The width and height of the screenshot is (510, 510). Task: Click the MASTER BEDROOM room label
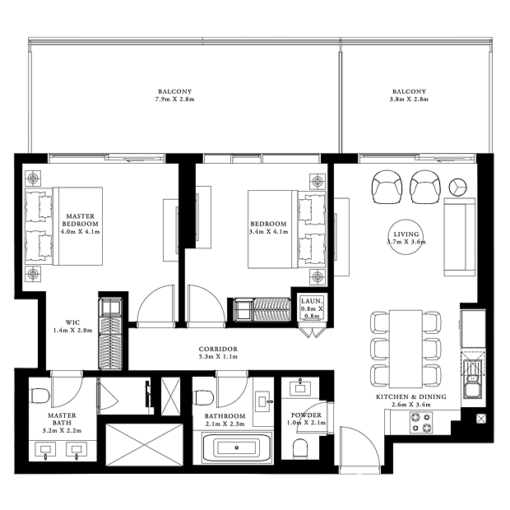tap(81, 220)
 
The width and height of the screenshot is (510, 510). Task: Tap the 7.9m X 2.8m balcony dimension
tap(174, 100)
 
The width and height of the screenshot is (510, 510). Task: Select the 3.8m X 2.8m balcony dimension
tap(409, 100)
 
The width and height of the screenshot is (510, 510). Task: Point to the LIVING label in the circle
tap(406, 234)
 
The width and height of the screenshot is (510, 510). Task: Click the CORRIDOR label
tap(218, 349)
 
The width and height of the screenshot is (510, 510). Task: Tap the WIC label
tap(72, 322)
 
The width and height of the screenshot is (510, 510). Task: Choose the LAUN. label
tap(312, 301)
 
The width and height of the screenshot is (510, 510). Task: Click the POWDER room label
tap(306, 415)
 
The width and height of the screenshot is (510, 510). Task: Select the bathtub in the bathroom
tap(236, 447)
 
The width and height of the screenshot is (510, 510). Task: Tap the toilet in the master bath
tap(39, 396)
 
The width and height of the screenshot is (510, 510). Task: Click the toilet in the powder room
tap(300, 449)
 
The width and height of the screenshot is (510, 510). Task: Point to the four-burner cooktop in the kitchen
tap(421, 422)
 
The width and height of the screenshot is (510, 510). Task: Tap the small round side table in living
tap(458, 187)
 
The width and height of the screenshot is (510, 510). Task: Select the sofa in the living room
tap(460, 237)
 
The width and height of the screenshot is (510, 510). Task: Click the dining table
tap(406, 349)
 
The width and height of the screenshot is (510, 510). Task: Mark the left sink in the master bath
tap(45, 450)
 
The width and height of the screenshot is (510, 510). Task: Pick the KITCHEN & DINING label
tap(411, 396)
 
